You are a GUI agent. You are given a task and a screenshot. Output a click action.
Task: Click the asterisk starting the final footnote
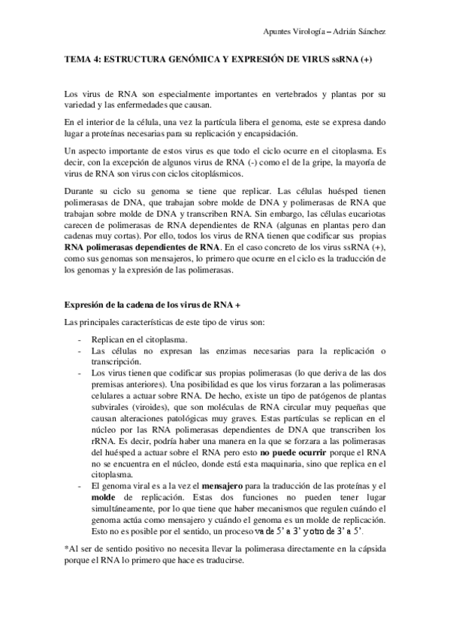click(x=67, y=548)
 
